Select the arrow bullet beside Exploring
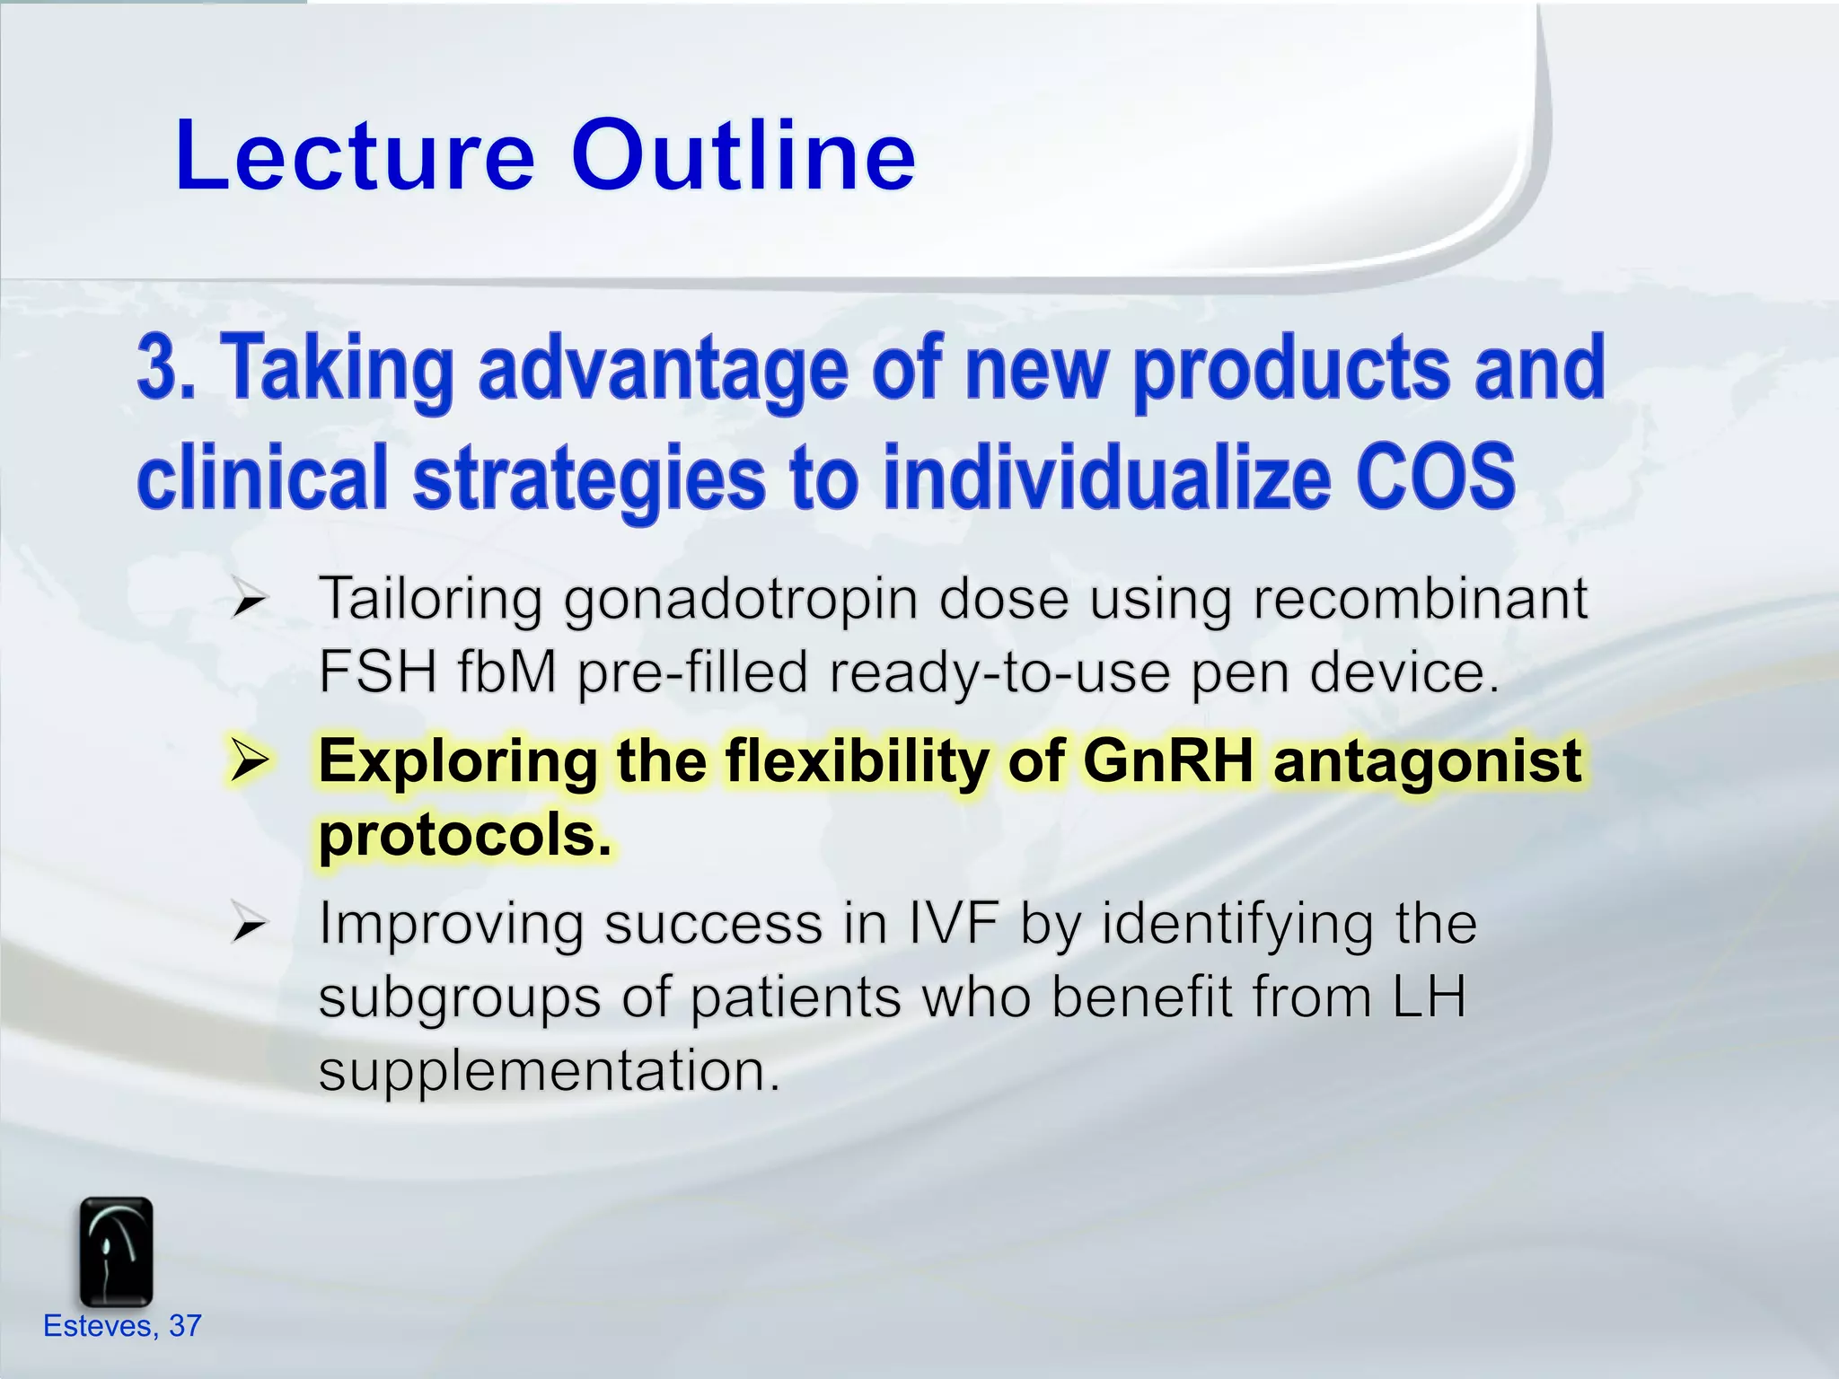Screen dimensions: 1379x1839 (x=249, y=761)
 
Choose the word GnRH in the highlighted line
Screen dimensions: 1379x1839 (x=1167, y=761)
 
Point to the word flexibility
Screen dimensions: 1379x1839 (x=857, y=761)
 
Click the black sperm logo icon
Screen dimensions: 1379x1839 (x=116, y=1252)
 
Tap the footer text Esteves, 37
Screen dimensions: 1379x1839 (x=122, y=1325)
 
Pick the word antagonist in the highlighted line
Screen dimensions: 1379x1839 (x=1427, y=761)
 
